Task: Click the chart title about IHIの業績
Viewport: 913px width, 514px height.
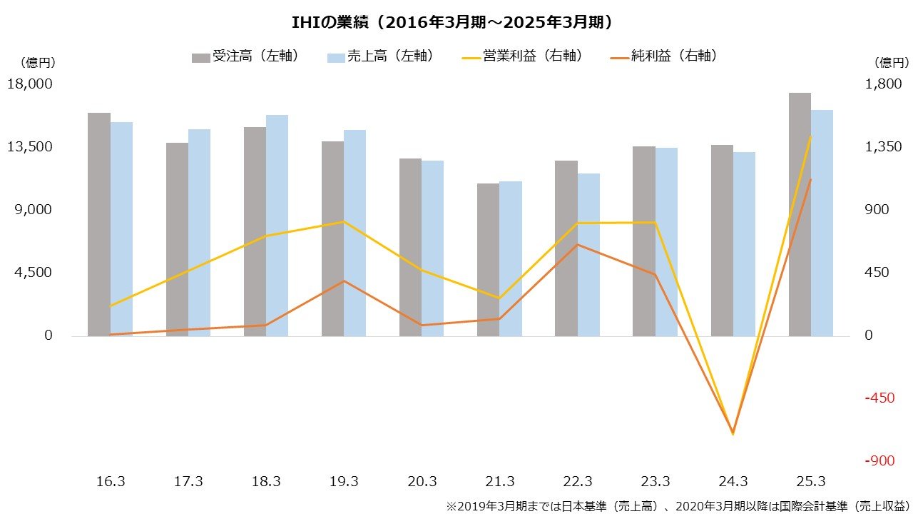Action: tap(456, 23)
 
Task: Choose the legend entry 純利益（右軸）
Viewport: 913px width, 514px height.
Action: tap(663, 56)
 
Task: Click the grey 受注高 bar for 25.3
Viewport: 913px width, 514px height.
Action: tap(800, 214)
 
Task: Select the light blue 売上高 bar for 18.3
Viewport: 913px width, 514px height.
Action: tap(277, 225)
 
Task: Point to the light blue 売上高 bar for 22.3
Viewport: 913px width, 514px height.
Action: tap(588, 254)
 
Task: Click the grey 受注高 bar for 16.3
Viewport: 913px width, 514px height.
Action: tap(99, 224)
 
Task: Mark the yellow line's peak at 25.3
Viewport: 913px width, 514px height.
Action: tap(810, 136)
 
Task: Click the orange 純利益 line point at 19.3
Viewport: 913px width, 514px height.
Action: tap(344, 281)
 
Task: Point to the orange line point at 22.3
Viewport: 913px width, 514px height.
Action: tap(577, 245)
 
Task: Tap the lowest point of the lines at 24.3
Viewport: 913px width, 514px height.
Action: tap(733, 433)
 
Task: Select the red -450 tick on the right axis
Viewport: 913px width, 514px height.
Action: tap(879, 398)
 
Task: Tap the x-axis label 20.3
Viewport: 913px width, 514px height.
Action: tap(422, 482)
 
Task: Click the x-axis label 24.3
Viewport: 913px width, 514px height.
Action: tap(733, 482)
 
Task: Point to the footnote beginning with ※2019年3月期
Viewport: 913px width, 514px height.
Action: tap(678, 505)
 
